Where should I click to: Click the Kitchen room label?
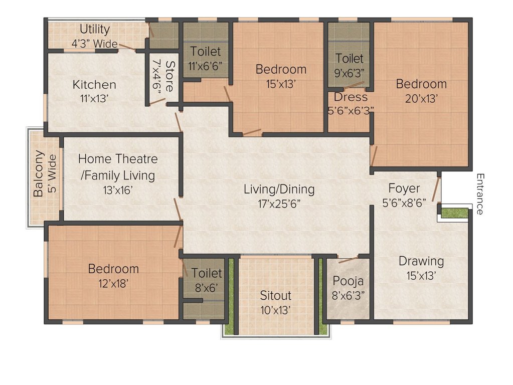point(94,85)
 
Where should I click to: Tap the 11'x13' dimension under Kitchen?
point(94,98)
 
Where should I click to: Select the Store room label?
point(170,76)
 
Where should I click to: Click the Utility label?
point(95,29)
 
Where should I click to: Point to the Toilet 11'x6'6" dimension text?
point(206,66)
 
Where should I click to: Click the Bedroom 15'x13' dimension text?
point(281,84)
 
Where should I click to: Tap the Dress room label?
point(351,97)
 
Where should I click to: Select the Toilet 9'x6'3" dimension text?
point(350,73)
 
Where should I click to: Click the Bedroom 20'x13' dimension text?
point(421,98)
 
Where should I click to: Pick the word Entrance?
point(480,194)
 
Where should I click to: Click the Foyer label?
point(404,188)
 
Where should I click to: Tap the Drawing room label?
point(421,261)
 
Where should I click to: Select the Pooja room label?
point(348,281)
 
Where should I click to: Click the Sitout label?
point(275,295)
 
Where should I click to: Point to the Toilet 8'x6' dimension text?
point(207,288)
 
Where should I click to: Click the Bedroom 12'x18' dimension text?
point(113,283)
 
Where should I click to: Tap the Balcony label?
point(38,173)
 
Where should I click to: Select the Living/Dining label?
point(279,189)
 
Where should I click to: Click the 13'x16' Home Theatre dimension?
point(118,189)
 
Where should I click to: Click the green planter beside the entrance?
point(454,213)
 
